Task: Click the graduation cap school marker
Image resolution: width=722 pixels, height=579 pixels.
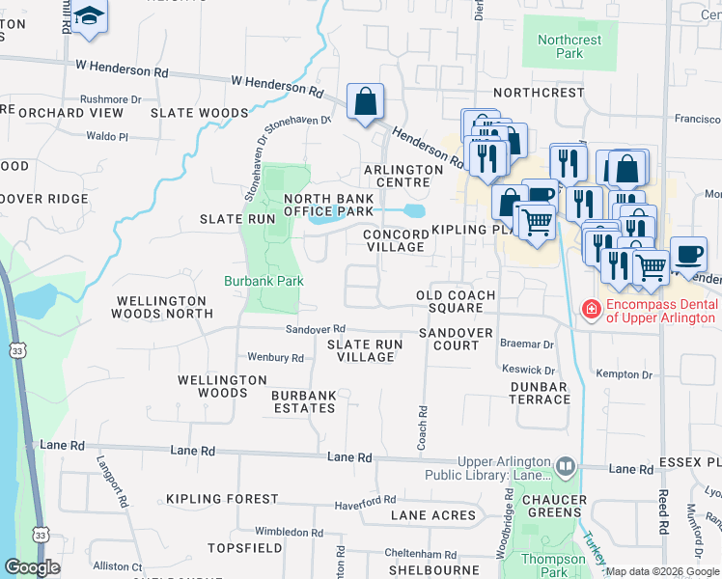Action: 90,17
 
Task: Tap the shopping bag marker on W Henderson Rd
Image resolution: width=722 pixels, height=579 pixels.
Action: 365,101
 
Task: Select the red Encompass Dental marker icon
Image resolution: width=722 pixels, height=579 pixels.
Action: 589,308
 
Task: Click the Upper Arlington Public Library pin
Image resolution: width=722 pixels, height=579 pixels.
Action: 566,468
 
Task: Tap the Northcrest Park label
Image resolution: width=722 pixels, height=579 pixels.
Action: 569,46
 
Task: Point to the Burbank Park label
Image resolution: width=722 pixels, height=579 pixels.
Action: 264,282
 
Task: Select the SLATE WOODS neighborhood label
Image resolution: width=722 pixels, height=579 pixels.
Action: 200,113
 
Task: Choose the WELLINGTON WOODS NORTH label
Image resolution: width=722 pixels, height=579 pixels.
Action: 162,308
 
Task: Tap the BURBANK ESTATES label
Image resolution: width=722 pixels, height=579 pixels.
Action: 303,401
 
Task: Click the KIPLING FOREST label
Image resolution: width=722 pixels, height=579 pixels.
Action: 222,500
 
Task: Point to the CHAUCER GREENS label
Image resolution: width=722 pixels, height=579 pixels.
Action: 554,506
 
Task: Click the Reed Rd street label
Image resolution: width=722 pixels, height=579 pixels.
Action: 664,511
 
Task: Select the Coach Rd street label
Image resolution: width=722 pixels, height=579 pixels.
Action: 422,424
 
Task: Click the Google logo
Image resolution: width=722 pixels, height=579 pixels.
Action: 32,567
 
